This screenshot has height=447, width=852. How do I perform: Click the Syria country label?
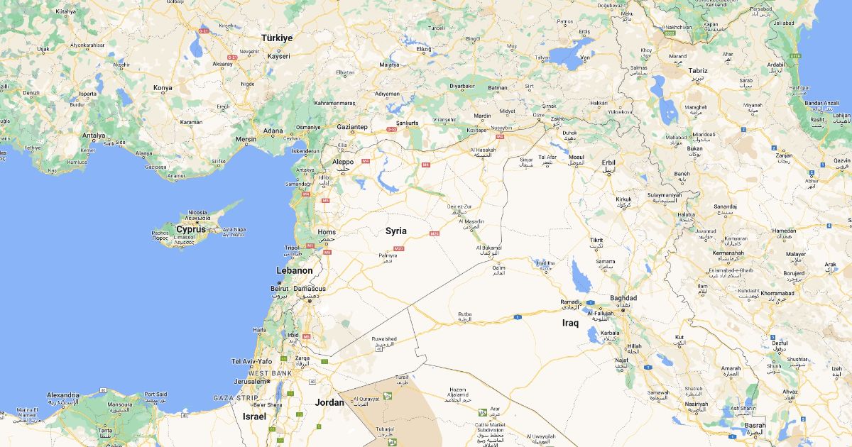click(x=396, y=231)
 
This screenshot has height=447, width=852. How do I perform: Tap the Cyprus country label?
click(x=190, y=229)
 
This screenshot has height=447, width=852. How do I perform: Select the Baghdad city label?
click(x=623, y=298)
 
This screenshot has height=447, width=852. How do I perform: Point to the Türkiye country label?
click(x=276, y=38)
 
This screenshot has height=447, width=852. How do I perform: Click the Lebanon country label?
click(x=295, y=270)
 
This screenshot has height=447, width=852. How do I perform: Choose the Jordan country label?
click(x=329, y=402)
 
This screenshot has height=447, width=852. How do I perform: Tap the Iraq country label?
click(x=570, y=323)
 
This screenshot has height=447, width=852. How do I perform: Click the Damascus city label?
click(x=310, y=289)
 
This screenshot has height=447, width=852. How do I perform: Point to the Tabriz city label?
click(x=698, y=71)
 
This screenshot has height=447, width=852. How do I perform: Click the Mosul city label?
click(x=576, y=158)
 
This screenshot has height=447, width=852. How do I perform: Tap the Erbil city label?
click(x=608, y=162)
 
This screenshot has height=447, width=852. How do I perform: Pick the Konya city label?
click(x=163, y=88)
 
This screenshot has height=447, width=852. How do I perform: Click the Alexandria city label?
click(x=62, y=394)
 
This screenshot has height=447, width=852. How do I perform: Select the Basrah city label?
click(x=755, y=426)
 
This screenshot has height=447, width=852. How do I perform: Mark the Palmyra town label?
click(x=388, y=255)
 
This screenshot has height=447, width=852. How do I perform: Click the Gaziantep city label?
click(x=351, y=126)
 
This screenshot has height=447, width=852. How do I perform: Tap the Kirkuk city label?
click(x=623, y=199)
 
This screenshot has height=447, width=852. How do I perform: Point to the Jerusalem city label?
click(x=251, y=381)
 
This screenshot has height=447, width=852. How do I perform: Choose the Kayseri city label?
click(x=279, y=56)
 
